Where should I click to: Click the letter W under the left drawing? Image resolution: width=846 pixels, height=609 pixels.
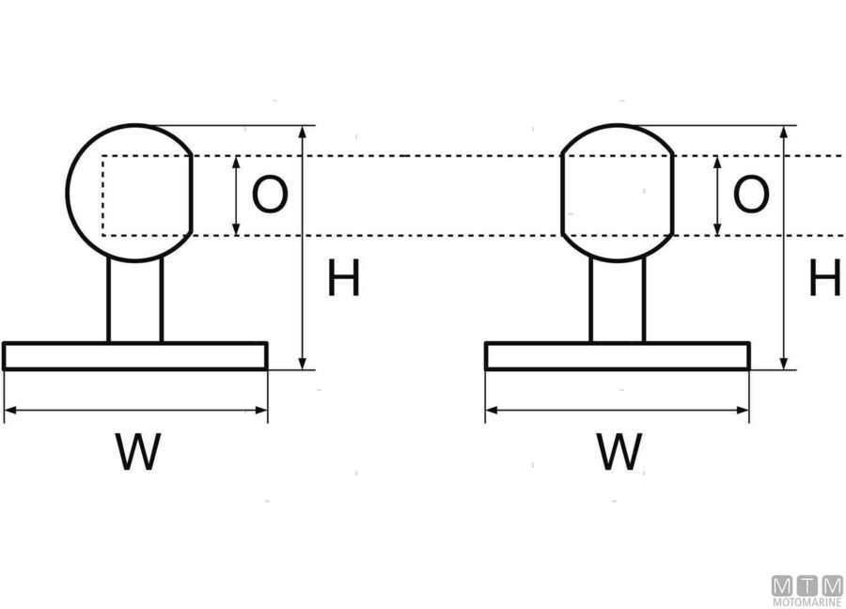point(138,452)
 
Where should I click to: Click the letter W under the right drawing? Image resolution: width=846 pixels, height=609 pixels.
point(619,452)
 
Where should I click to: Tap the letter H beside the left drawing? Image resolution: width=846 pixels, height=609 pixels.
point(343,280)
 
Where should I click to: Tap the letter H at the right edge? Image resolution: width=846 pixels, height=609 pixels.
point(824,280)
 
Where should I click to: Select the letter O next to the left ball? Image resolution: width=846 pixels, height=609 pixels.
point(270,195)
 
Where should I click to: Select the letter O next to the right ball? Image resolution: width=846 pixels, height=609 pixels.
point(750,195)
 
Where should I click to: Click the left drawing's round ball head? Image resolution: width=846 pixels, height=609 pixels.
point(130,193)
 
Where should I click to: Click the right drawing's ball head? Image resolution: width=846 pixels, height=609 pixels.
point(618,193)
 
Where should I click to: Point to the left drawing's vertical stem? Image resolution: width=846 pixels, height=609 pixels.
point(135,301)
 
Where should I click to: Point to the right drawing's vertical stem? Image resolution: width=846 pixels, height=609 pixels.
point(618,301)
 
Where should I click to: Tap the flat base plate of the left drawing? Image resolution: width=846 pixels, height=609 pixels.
point(135,356)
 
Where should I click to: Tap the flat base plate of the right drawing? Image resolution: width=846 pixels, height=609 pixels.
point(618,356)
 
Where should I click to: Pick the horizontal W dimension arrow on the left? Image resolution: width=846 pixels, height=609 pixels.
point(135,410)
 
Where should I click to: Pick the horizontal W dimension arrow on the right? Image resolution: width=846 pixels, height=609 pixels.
point(618,410)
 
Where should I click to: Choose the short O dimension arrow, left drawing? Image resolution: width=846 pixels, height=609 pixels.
point(236,195)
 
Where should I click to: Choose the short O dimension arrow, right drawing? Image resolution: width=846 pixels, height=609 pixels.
point(717,195)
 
